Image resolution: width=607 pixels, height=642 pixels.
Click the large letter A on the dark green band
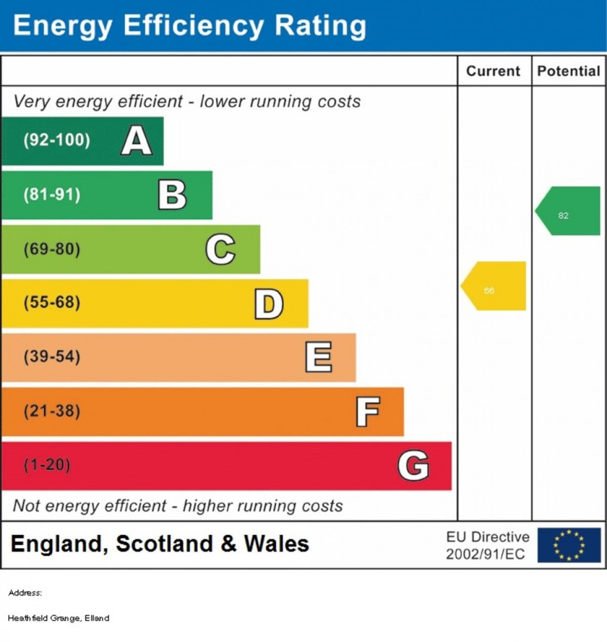point(137,141)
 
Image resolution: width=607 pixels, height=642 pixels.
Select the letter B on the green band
point(172,195)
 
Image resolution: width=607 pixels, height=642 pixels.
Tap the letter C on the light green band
point(221,249)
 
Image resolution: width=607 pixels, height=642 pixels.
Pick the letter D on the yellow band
point(269,304)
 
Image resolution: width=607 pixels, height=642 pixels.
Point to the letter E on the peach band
point(319,357)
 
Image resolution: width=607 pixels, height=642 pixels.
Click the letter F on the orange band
point(368,411)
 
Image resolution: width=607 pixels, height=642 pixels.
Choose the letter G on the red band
point(413,466)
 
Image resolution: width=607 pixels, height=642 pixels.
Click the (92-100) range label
point(57,140)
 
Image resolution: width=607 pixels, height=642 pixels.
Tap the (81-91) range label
point(52,195)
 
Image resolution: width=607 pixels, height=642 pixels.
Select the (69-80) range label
point(52,249)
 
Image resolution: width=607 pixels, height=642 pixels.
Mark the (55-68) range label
point(52,302)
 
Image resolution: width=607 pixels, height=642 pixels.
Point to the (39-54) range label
point(52,356)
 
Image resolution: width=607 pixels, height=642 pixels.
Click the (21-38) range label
point(52,411)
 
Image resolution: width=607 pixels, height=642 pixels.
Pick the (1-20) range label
point(47,465)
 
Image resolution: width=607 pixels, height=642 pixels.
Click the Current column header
point(493,71)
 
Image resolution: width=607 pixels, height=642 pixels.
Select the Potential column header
point(569,71)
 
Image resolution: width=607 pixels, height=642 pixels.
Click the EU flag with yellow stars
point(569,545)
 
